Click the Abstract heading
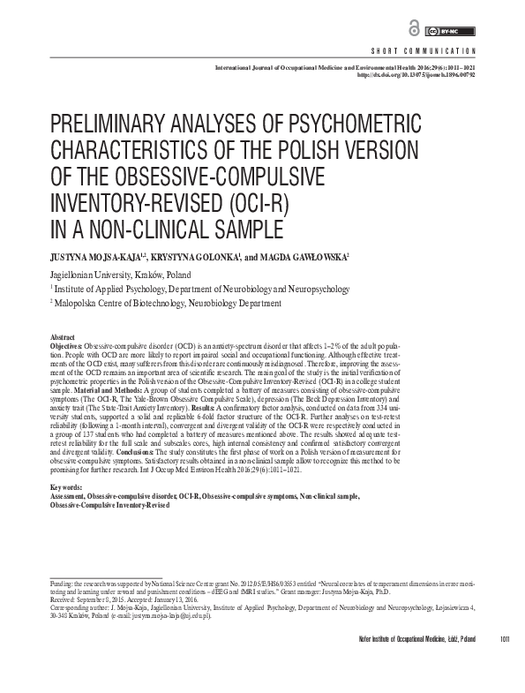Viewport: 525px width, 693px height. pyautogui.click(x=62, y=338)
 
